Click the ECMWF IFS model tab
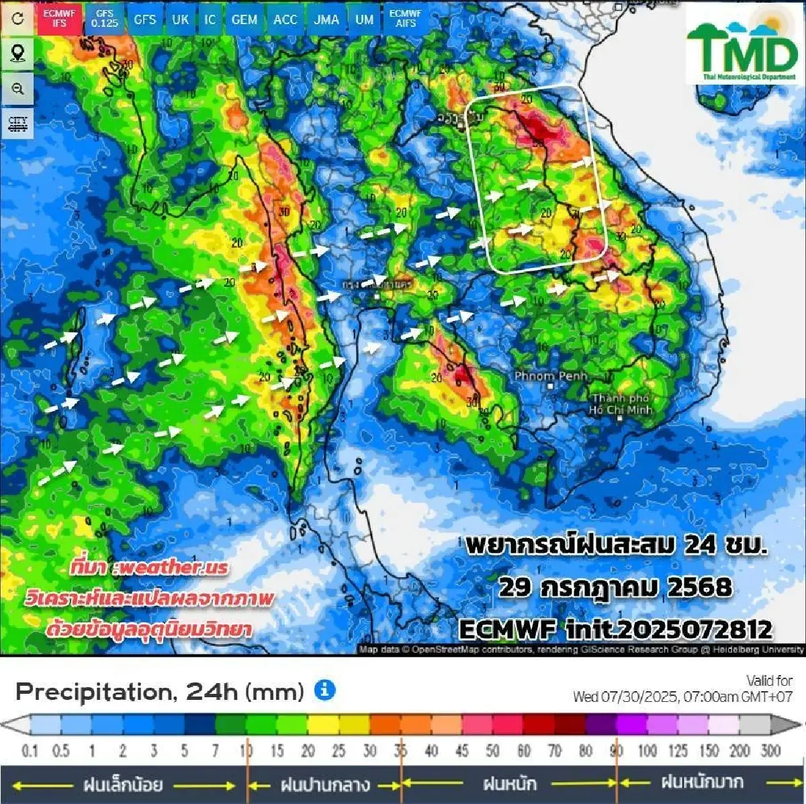click(59, 18)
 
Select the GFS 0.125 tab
click(104, 19)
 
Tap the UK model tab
click(180, 19)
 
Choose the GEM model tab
click(244, 19)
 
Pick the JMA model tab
click(326, 19)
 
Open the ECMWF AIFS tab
click(406, 18)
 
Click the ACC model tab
click(285, 19)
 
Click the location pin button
click(17, 53)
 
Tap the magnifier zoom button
click(17, 89)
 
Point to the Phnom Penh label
click(550, 376)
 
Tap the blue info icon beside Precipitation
click(324, 690)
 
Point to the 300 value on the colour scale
click(770, 750)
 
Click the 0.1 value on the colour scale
click(30, 750)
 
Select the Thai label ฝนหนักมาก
click(702, 783)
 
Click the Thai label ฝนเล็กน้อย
click(123, 784)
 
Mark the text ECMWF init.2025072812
click(615, 629)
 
